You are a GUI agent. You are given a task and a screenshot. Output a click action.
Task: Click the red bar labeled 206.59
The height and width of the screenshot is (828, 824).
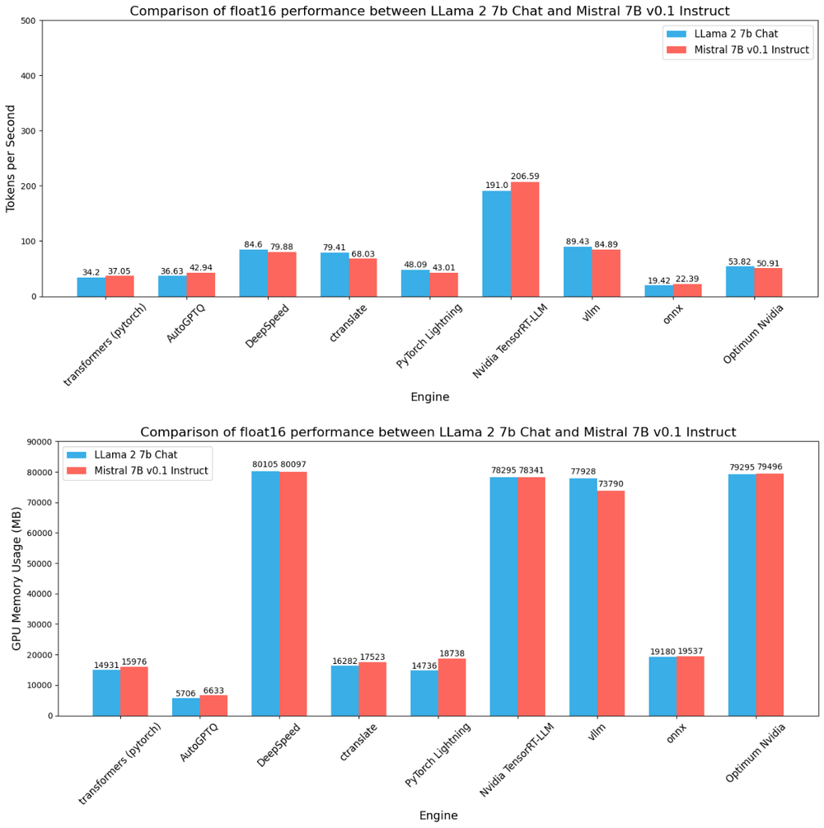525,239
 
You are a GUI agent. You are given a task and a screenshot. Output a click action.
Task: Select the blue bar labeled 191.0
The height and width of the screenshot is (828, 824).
497,243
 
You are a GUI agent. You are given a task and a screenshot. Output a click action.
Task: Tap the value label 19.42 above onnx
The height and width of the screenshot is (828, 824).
659,280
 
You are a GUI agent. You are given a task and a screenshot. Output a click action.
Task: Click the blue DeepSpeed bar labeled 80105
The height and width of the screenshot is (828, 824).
265,593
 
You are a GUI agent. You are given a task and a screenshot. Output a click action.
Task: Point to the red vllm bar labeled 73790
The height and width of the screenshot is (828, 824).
611,603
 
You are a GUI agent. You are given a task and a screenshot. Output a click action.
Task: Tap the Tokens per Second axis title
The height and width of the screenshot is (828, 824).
11,158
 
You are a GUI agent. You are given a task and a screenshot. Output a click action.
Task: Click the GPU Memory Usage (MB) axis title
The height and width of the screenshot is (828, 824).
16,579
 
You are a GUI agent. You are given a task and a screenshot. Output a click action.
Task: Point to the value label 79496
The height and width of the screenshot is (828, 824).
770,466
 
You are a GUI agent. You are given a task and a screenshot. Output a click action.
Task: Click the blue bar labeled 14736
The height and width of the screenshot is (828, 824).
424,693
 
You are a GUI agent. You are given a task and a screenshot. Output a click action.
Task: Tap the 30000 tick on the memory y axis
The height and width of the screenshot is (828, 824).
38,624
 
